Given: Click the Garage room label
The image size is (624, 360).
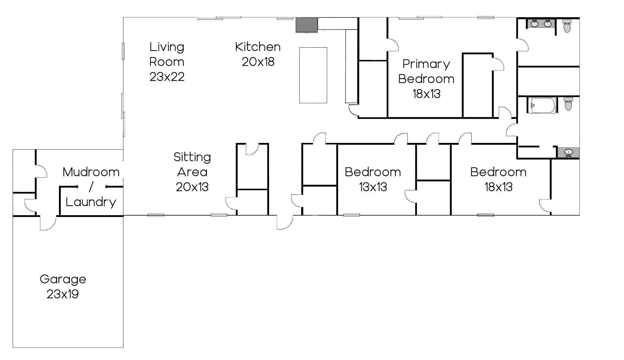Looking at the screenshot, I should click(63, 279).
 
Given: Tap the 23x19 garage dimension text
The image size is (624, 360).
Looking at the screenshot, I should click(63, 294).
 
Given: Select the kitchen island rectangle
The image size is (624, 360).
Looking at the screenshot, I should click(313, 75).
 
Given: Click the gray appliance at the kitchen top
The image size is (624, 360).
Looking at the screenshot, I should click(307, 25).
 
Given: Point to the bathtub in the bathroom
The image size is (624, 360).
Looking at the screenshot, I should click(542, 105).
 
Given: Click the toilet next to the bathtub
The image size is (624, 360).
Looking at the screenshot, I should click(568, 104).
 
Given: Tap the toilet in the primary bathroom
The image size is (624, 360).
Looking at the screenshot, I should click(567, 26).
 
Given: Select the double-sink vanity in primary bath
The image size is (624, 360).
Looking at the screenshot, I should click(541, 24).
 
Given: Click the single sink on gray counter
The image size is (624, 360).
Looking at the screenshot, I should click(568, 153).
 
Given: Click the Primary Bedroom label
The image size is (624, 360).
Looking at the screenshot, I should click(426, 71).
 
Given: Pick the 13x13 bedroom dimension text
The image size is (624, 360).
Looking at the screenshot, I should click(373, 187).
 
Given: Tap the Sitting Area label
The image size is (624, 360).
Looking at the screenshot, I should click(192, 164).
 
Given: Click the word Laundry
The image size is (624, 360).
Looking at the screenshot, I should click(91, 202).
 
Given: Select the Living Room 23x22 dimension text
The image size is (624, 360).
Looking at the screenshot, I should click(167, 77).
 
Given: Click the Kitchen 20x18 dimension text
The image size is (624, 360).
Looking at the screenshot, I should click(258, 62).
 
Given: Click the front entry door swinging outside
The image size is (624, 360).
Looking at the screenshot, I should click(285, 222).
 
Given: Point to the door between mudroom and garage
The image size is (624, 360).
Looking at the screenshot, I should click(48, 223).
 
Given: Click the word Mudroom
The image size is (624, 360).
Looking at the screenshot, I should click(91, 172).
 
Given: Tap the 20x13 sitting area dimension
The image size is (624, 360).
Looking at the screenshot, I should click(192, 187).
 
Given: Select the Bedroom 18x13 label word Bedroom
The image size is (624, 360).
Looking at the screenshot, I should click(498, 172).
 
